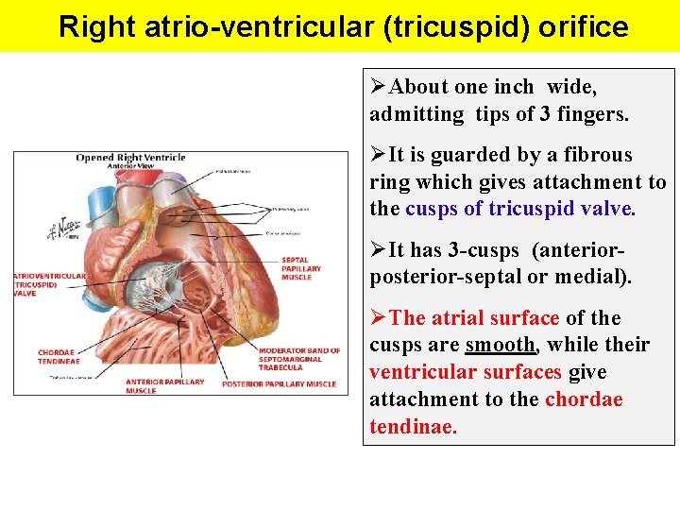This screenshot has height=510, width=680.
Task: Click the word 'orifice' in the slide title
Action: click(x=583, y=26)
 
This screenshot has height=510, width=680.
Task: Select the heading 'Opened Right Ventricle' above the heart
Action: click(x=130, y=158)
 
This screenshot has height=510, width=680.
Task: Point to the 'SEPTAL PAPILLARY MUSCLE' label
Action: click(x=301, y=267)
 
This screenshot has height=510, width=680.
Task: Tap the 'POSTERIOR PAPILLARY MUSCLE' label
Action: click(x=279, y=384)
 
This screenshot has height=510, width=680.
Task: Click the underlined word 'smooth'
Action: click(x=497, y=345)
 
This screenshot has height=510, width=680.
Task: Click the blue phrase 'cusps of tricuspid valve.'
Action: click(x=520, y=209)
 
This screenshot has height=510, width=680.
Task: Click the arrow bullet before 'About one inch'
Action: click(x=379, y=87)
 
